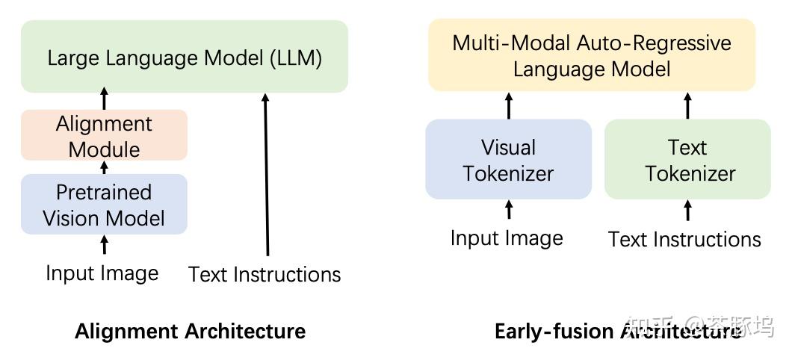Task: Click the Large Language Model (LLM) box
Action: click(x=185, y=57)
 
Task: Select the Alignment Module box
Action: click(x=104, y=135)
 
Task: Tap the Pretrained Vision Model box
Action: click(x=104, y=205)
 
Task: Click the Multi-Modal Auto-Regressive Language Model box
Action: click(x=592, y=55)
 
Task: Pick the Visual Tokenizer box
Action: click(x=508, y=160)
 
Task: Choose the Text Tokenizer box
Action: click(x=687, y=160)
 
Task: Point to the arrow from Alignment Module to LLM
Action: click(x=104, y=99)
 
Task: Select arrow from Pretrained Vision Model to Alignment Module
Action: click(x=104, y=167)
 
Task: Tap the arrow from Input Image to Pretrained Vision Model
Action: click(x=104, y=245)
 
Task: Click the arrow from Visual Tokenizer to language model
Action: click(x=509, y=105)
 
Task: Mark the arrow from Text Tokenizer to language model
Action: click(x=687, y=105)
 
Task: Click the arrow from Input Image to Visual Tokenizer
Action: click(x=509, y=210)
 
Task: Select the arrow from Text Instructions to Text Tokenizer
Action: click(x=687, y=211)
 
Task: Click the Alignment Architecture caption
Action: click(x=190, y=331)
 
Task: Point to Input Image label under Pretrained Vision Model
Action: click(x=102, y=273)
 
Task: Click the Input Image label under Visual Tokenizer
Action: click(x=507, y=238)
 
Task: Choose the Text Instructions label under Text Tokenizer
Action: click(x=684, y=239)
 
